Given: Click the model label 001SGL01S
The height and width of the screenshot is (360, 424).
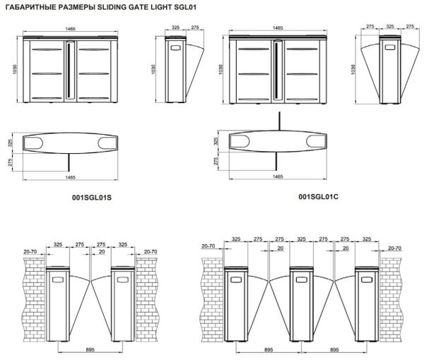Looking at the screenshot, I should click(x=92, y=198).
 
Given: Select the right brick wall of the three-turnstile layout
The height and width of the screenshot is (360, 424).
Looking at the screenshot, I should click(x=394, y=296).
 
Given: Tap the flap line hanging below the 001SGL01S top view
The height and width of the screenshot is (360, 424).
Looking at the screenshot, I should click(x=70, y=160).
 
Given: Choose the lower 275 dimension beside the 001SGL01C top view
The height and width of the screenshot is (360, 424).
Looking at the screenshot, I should click(x=216, y=161).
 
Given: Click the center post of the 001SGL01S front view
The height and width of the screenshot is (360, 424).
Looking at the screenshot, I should click(x=71, y=71).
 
